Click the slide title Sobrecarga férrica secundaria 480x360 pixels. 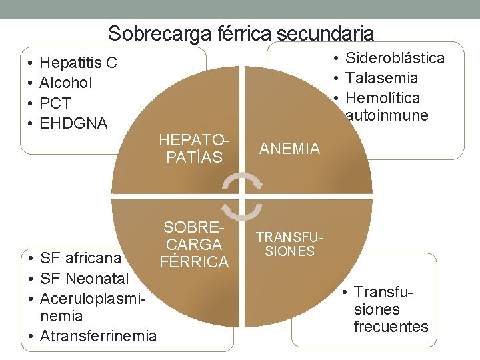(241, 33)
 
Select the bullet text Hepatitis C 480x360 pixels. (78, 63)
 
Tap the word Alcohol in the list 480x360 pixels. (66, 83)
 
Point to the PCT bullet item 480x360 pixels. (55, 103)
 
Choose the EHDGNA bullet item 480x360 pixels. (73, 123)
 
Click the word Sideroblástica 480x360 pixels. (395, 58)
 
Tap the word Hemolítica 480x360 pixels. (383, 98)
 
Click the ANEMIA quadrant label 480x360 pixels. (289, 149)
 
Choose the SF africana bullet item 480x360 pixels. (81, 258)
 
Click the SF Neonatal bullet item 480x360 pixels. (83, 278)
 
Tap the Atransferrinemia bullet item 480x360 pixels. (98, 336)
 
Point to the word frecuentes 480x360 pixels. (391, 327)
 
